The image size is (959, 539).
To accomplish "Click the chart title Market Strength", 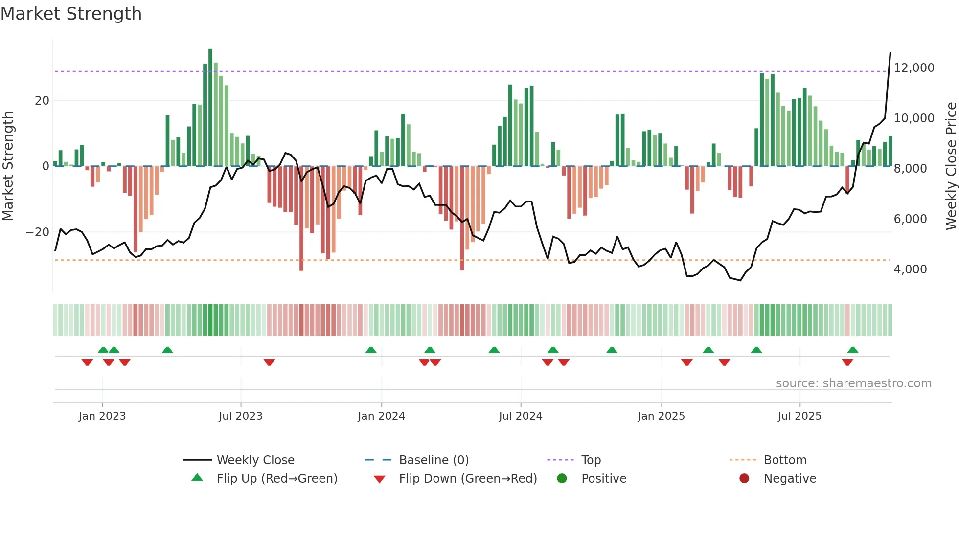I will click(71, 14).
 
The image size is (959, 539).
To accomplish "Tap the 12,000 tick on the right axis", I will click(913, 68).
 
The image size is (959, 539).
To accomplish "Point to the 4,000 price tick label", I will click(910, 269).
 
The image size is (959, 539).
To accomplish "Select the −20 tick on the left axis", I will click(38, 232).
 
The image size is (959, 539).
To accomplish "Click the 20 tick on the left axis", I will click(42, 101).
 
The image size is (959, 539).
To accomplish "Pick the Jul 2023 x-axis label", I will click(240, 416).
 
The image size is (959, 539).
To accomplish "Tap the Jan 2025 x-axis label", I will click(661, 416).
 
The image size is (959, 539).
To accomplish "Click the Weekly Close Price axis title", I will click(951, 166).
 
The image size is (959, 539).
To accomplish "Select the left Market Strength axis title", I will click(8, 166).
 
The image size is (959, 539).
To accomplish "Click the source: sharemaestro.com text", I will click(853, 383).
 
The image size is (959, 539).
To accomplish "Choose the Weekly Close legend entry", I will click(255, 460).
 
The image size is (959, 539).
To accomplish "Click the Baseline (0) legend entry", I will click(434, 460).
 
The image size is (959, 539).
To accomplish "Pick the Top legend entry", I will click(591, 460).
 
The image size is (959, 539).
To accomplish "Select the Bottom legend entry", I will click(785, 460).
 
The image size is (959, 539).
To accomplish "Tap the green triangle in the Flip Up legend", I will click(197, 478).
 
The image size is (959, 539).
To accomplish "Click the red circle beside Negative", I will click(744, 478).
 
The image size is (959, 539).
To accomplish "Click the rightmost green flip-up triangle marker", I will click(853, 350).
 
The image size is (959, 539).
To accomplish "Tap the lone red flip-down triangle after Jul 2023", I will click(269, 362).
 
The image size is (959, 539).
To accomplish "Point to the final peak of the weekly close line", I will click(890, 52).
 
